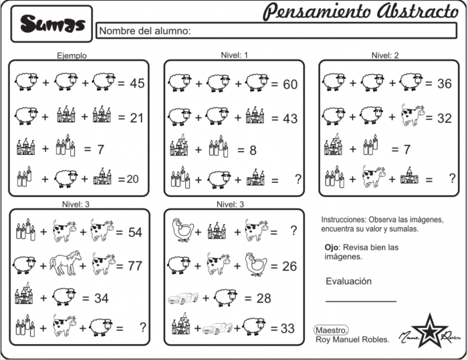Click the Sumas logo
[x=52, y=24]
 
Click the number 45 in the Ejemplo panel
[x=137, y=83]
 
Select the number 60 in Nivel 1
[x=289, y=84]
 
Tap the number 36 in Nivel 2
[x=444, y=83]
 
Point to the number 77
[x=134, y=265]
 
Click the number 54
[x=134, y=232]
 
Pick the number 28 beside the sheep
[x=263, y=298]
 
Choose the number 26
[x=289, y=266]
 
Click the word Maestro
[x=331, y=329]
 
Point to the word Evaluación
[x=348, y=281]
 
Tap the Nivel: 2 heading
[x=384, y=55]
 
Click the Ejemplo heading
[x=72, y=56]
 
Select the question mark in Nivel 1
[x=296, y=178]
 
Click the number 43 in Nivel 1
[x=289, y=118]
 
